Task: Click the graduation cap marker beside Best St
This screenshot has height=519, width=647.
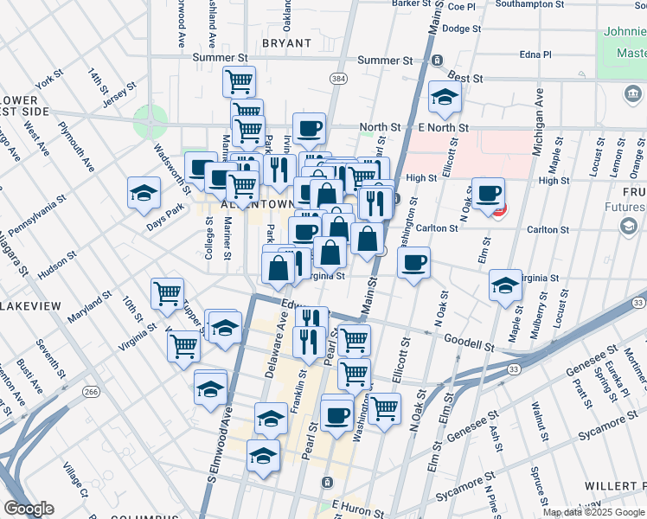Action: [x=445, y=98]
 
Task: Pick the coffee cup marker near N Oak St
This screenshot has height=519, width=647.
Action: [x=489, y=195]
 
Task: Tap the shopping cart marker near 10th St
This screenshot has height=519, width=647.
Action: [x=166, y=292]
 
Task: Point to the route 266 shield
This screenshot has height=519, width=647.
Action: [x=92, y=393]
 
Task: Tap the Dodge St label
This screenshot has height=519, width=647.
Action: [x=461, y=29]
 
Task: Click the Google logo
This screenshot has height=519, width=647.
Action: [x=29, y=508]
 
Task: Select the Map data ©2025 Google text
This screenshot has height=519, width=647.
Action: [x=593, y=512]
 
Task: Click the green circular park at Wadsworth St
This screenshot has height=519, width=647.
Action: [x=151, y=122]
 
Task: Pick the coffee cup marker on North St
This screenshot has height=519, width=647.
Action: [x=309, y=129]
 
